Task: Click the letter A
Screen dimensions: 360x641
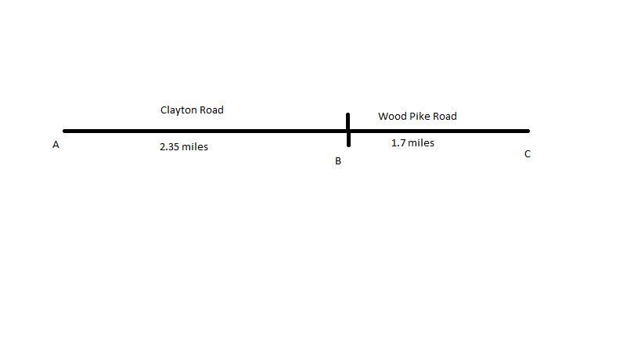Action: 56,145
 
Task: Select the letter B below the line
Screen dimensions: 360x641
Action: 338,161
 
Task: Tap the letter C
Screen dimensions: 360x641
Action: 528,154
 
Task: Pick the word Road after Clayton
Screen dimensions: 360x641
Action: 211,110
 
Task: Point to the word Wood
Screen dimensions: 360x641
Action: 391,117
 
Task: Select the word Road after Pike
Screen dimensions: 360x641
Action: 445,117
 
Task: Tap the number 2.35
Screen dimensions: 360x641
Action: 171,146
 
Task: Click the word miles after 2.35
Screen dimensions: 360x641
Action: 196,146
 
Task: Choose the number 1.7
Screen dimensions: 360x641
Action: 398,143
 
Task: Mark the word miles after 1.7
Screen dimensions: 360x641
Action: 421,143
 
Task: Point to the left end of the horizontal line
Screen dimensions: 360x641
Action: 65,131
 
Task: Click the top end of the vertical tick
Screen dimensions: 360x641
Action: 348,114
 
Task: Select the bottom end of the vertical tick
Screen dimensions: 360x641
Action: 348,146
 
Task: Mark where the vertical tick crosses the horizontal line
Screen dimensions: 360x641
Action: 348,131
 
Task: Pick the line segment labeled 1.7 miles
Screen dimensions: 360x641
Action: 438,131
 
